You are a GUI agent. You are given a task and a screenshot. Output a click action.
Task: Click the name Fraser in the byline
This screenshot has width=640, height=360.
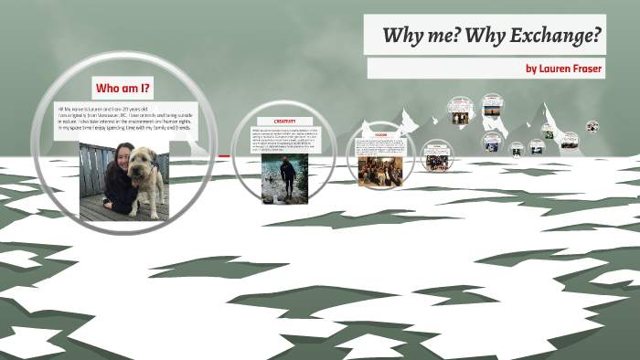coord(583,69)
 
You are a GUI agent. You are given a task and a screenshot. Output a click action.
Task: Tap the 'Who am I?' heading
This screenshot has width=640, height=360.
coord(123,88)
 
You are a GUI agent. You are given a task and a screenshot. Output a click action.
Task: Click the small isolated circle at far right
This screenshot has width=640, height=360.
coord(592,126)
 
